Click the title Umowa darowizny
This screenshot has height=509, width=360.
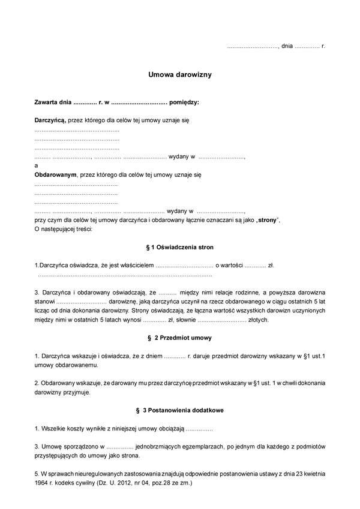point(181,76)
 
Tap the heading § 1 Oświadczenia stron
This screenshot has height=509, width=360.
point(180,247)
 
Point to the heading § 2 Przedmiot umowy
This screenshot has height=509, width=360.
point(180,338)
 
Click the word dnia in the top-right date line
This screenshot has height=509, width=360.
point(287,46)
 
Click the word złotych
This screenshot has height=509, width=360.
point(257,320)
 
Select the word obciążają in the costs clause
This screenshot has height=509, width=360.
point(170,429)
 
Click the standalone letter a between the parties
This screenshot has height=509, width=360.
point(36,165)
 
